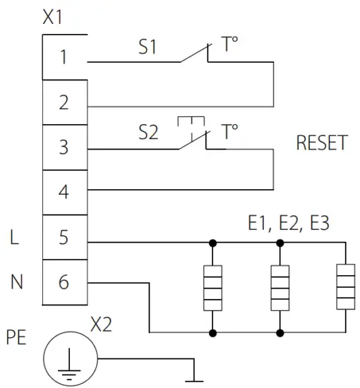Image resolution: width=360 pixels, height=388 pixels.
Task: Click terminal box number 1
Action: (64, 57)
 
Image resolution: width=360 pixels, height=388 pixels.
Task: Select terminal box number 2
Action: (64, 102)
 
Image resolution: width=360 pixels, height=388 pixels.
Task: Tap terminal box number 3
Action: (64, 147)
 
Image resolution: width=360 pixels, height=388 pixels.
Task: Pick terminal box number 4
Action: (64, 192)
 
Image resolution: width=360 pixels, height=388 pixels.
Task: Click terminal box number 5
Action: (64, 237)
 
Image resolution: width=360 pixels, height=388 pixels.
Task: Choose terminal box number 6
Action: (64, 282)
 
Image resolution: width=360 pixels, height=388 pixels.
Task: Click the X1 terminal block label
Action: (53, 18)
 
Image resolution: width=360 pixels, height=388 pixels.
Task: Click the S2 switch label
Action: (148, 133)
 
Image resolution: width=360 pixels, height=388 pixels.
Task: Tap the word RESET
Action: (322, 143)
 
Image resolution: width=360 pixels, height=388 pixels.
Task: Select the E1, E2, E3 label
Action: (289, 224)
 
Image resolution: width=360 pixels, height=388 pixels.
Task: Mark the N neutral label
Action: (16, 283)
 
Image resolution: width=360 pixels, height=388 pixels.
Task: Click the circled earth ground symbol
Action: (69, 358)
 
